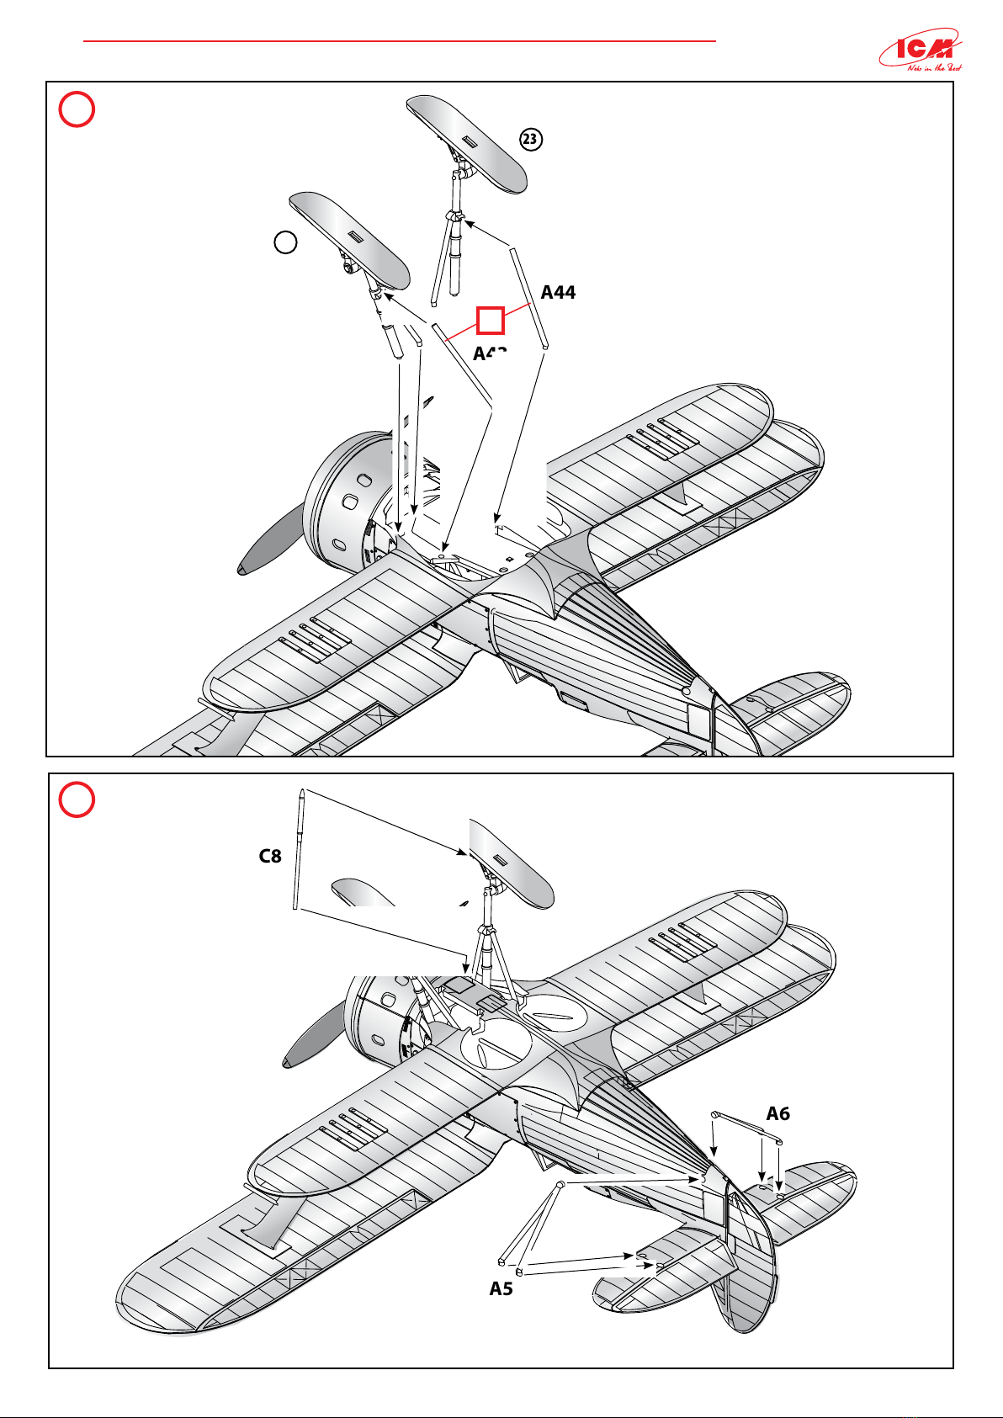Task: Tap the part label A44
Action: pyautogui.click(x=558, y=292)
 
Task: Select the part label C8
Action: pyautogui.click(x=269, y=857)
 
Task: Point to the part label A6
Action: pyautogui.click(x=777, y=1113)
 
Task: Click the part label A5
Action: pyautogui.click(x=501, y=1288)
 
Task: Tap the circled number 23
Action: pyautogui.click(x=530, y=140)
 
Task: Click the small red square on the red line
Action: pyautogui.click(x=491, y=320)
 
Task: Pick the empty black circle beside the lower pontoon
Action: pyautogui.click(x=286, y=242)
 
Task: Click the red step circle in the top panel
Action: pyautogui.click(x=77, y=110)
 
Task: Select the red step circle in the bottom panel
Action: pyautogui.click(x=77, y=800)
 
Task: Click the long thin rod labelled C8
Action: pyautogui.click(x=299, y=850)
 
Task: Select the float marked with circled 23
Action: pyautogui.click(x=466, y=142)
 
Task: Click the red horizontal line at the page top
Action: pyautogui.click(x=400, y=40)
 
